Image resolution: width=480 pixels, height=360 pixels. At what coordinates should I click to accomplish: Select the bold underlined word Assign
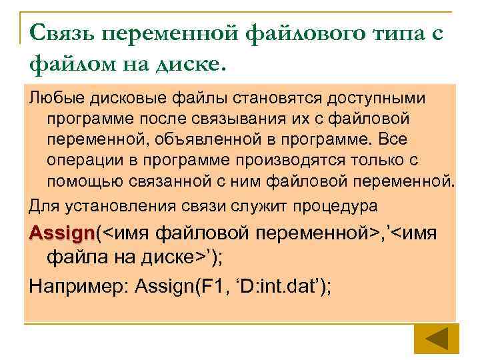click(61, 233)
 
